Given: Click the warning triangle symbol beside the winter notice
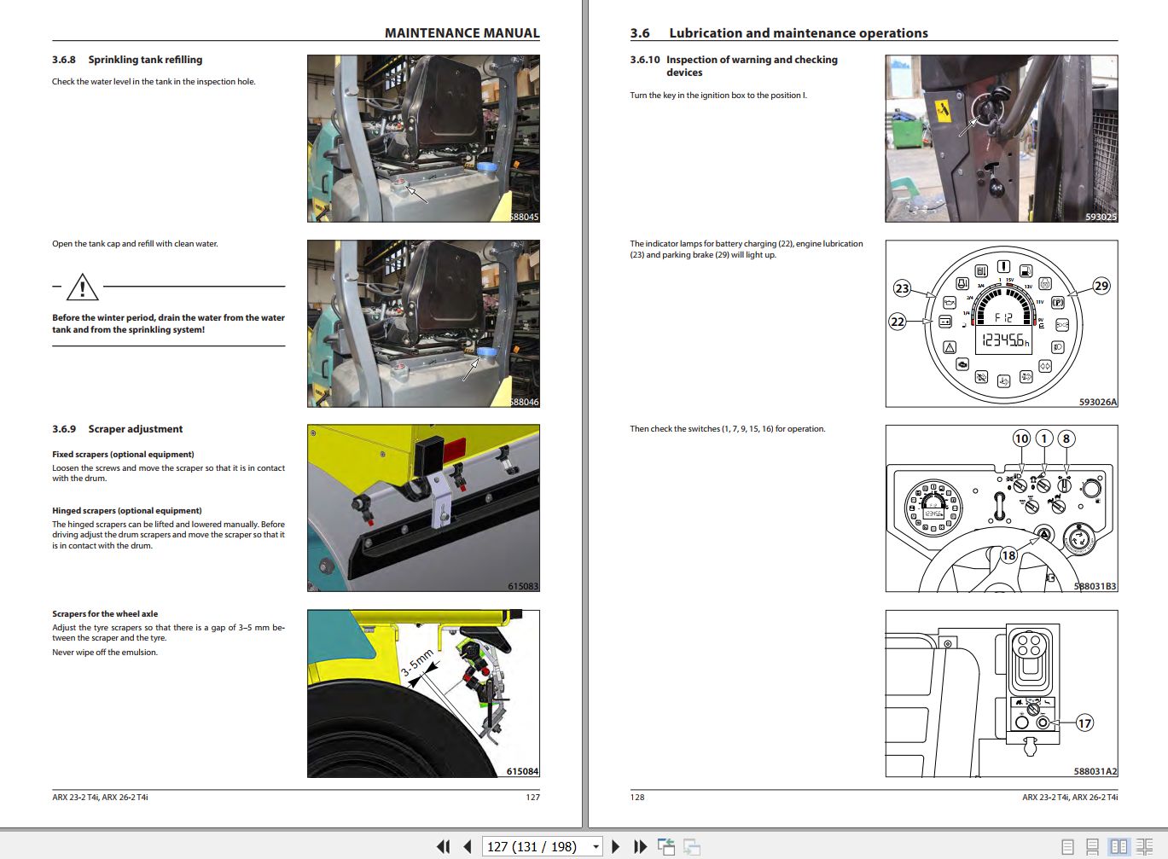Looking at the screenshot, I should coord(82,287).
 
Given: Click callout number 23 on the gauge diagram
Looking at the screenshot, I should coord(902,288).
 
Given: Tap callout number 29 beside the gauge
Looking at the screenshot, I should coord(1101,286).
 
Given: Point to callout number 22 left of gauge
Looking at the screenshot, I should coord(898,322).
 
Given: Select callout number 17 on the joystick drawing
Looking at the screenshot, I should coord(1084,723).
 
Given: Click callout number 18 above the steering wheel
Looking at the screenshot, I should coord(1008,555).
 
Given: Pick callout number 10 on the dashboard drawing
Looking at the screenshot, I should coord(1021,438).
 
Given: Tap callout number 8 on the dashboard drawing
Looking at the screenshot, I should coord(1066,438).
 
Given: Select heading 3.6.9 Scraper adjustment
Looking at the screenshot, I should coord(118,429).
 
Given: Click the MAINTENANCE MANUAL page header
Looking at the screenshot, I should coord(462,33).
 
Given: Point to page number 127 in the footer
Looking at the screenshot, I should coord(532,797).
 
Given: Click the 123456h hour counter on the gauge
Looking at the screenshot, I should coord(1005,340).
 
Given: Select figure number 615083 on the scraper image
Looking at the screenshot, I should coord(522,586).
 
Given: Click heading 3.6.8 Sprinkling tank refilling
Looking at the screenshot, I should coord(127,60).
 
